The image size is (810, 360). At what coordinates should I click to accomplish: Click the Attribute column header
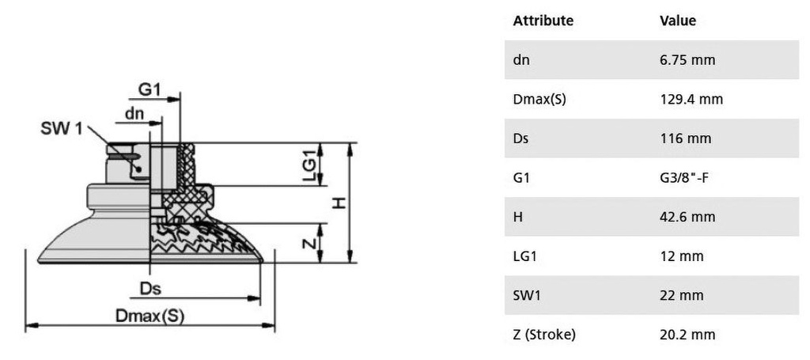point(543,21)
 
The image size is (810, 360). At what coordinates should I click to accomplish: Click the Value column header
point(678,21)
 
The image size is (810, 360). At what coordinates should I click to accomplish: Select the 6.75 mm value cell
point(687,60)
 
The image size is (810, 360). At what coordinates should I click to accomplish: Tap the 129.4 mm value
point(691,99)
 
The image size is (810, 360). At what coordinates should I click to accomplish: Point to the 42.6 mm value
point(687,217)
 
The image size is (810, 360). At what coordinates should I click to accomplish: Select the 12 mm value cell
point(681,256)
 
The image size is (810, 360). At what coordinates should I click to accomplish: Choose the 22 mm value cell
point(681,295)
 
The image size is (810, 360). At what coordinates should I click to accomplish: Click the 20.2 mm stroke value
point(687,335)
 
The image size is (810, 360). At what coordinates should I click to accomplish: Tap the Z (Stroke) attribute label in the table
point(544,335)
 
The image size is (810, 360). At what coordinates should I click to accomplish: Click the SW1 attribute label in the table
point(527,295)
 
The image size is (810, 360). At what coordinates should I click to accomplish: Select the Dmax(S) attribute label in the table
point(539,99)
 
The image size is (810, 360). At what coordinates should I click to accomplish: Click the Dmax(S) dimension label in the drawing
point(150,316)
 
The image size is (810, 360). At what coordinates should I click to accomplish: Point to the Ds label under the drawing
point(150,288)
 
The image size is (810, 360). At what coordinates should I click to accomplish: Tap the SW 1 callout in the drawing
point(62,129)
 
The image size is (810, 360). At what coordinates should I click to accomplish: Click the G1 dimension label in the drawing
point(150,90)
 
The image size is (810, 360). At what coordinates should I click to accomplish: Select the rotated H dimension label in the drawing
point(339,203)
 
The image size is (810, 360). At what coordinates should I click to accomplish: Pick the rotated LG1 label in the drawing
point(308,165)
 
